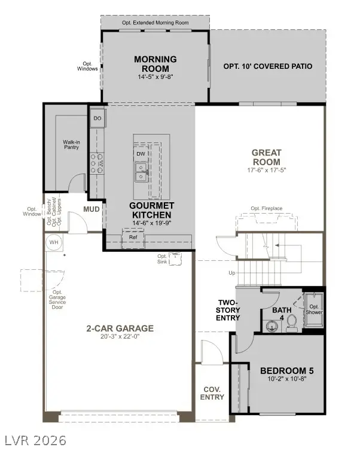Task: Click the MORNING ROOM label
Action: pyautogui.click(x=155, y=63)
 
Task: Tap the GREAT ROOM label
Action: pyautogui.click(x=266, y=157)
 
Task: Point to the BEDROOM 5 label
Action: pyautogui.click(x=286, y=370)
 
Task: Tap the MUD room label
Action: pyautogui.click(x=91, y=209)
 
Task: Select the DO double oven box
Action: pyautogui.click(x=97, y=118)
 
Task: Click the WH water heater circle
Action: pyautogui.click(x=54, y=242)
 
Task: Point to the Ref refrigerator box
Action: pyautogui.click(x=133, y=238)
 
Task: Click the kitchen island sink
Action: pyautogui.click(x=141, y=173)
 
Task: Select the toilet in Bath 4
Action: pyautogui.click(x=291, y=323)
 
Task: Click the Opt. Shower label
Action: pyautogui.click(x=315, y=309)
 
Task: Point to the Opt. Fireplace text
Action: pyautogui.click(x=267, y=208)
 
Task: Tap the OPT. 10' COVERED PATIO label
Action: pyautogui.click(x=267, y=66)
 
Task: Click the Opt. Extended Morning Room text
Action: pyautogui.click(x=155, y=22)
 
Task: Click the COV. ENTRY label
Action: pyautogui.click(x=212, y=393)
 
